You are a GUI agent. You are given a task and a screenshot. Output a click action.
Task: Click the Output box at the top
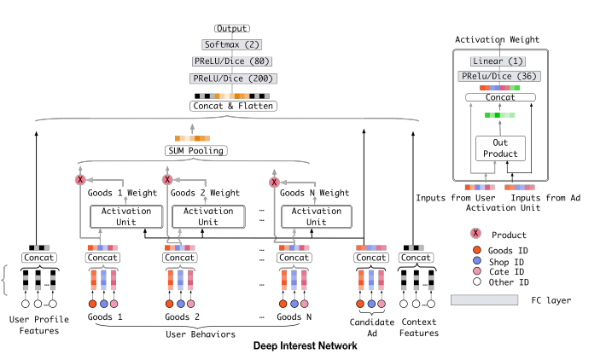tap(233, 29)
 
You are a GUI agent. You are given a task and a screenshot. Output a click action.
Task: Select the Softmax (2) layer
tap(233, 44)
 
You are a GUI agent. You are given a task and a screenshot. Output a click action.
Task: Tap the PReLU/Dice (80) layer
tap(233, 61)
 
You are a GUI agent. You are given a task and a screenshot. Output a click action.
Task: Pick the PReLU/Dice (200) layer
tap(233, 78)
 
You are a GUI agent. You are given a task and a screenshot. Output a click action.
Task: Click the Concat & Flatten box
tap(233, 107)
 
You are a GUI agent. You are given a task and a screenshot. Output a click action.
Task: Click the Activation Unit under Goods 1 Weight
tap(125, 216)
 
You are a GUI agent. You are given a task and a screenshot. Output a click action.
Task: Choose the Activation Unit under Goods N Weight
tap(317, 216)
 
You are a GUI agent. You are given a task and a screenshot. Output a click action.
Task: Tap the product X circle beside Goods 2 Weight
tap(167, 181)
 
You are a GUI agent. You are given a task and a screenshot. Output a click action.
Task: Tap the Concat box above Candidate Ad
tap(372, 257)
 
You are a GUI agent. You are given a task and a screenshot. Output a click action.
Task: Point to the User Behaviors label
tap(201, 334)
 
